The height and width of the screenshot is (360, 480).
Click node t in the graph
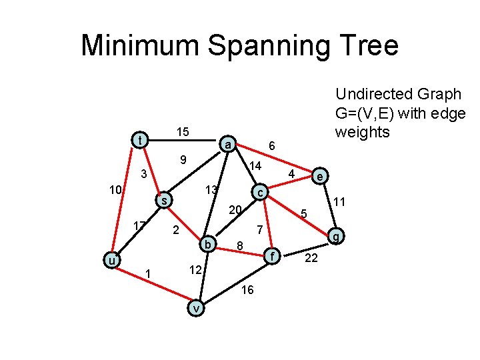click(x=139, y=140)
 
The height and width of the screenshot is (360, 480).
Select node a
click(x=227, y=145)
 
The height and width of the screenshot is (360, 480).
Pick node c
click(x=261, y=192)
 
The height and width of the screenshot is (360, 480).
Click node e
click(x=321, y=177)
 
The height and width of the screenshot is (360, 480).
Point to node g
click(x=337, y=236)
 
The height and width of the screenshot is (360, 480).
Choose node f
click(x=271, y=255)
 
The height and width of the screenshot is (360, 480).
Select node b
click(x=208, y=245)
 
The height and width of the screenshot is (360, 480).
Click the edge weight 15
click(x=182, y=133)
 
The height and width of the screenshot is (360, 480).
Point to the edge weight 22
click(x=311, y=259)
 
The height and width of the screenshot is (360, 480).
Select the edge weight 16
click(x=247, y=289)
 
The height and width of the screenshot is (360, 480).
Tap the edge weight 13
click(x=211, y=191)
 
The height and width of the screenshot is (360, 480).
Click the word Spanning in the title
click(x=285, y=46)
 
